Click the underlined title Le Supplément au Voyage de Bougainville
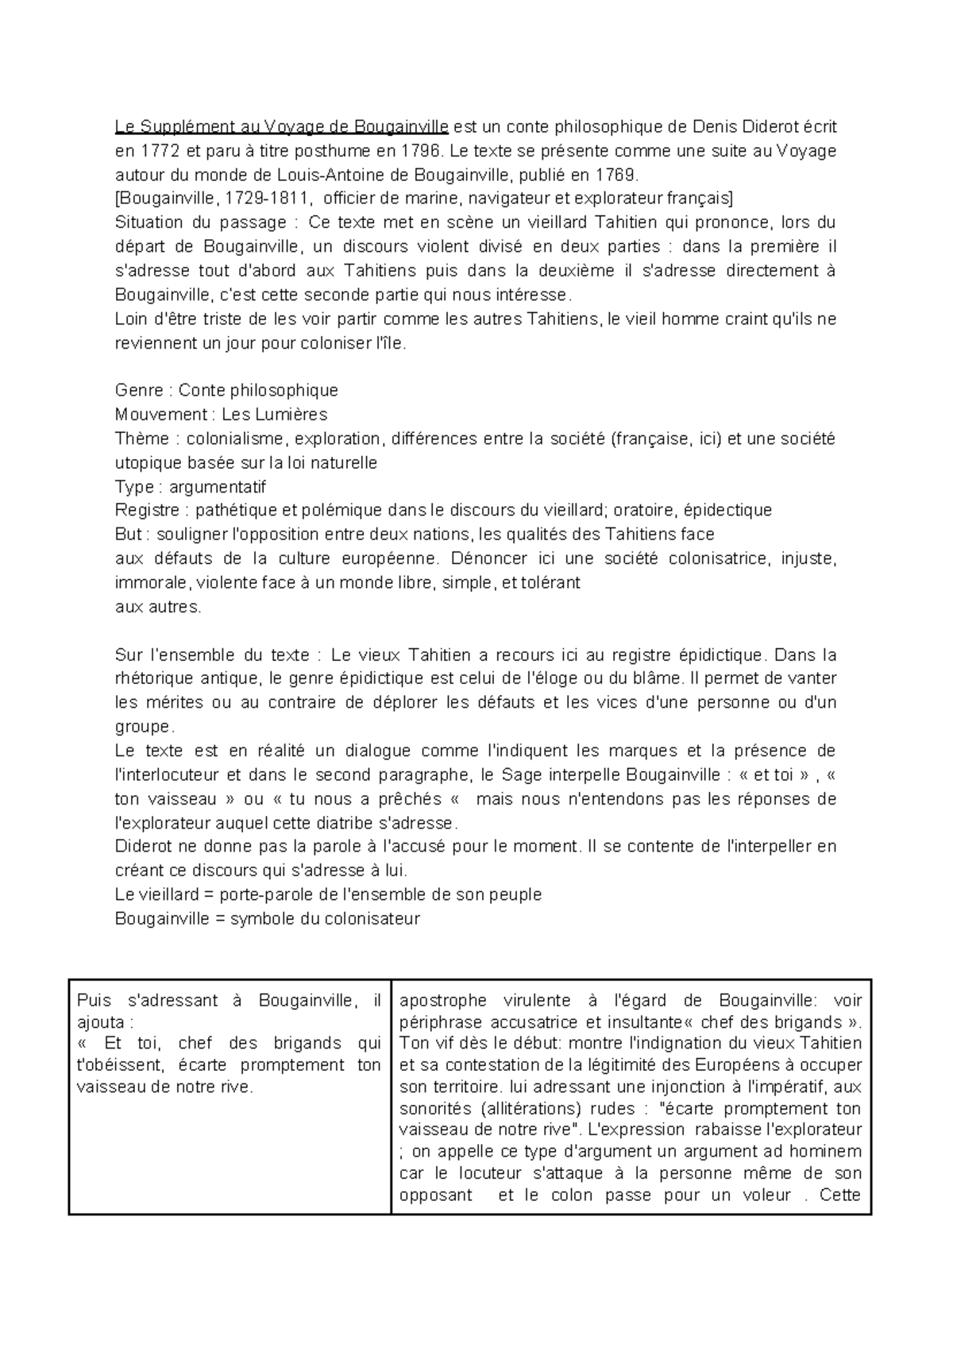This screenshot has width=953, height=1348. pyautogui.click(x=282, y=126)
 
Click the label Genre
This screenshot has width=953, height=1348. pyautogui.click(x=139, y=390)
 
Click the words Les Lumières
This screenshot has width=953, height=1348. pyautogui.click(x=274, y=415)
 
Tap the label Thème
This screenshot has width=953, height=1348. pyautogui.click(x=142, y=438)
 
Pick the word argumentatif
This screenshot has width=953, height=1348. pyautogui.click(x=218, y=487)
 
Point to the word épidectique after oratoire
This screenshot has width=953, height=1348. pyautogui.click(x=728, y=510)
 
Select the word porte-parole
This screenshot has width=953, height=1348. pyautogui.click(x=267, y=894)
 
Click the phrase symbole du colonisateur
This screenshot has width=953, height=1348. pyautogui.click(x=325, y=919)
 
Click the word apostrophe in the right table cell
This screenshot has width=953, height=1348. pyautogui.click(x=439, y=1001)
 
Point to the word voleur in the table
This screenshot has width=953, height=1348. pyautogui.click(x=763, y=1195)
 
